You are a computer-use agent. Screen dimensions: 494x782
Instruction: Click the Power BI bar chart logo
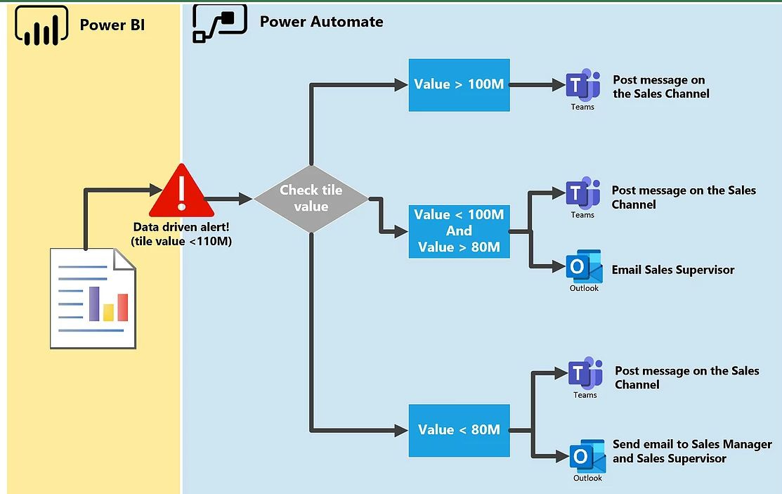point(41,25)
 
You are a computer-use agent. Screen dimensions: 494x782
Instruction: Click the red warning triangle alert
point(181,191)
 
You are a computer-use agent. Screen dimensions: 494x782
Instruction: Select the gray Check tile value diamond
point(311,198)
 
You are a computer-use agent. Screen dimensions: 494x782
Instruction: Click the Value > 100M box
point(459,85)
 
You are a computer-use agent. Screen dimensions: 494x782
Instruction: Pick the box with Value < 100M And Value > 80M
point(459,230)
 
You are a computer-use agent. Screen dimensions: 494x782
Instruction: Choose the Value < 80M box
point(459,429)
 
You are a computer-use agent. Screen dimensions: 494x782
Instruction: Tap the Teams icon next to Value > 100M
point(582,86)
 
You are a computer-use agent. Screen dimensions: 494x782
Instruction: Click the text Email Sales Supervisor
point(672,270)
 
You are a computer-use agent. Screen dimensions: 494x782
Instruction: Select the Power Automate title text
point(321,22)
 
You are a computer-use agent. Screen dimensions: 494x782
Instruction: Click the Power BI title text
point(112,25)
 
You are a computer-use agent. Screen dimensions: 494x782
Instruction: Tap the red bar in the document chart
point(123,307)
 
